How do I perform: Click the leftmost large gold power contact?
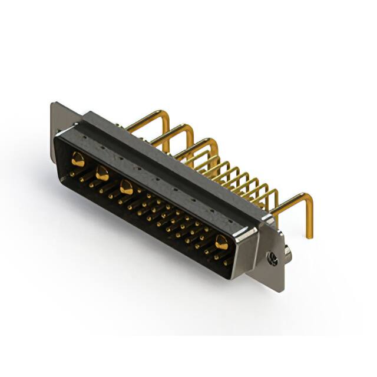78,158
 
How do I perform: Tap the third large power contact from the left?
126,187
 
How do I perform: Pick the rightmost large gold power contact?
221,242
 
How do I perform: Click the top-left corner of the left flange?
53,104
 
